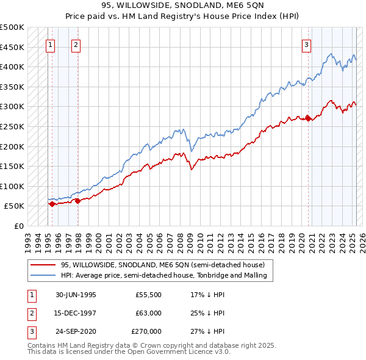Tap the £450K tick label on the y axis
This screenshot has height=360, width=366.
(x=12, y=47)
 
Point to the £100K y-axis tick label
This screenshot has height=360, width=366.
(x=12, y=186)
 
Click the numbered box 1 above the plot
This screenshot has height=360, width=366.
(x=49, y=44)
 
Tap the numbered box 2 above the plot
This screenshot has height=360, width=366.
(x=76, y=44)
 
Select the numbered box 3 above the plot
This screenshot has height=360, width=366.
(x=306, y=44)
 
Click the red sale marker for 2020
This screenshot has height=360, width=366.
(x=308, y=118)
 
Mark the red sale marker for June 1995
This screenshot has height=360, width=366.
(x=52, y=204)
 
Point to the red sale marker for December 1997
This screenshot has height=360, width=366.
(x=77, y=201)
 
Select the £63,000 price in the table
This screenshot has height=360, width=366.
(x=148, y=313)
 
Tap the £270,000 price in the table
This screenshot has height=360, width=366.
(x=146, y=331)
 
